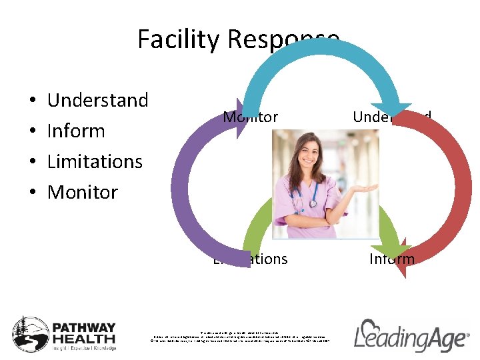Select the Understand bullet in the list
pos(97,100)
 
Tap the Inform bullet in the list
pos(76,131)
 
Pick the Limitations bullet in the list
pos(95,161)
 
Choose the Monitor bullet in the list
pos(83,192)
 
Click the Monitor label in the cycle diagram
pos(250,117)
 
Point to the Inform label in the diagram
pos(392,259)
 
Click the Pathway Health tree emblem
pos(30,333)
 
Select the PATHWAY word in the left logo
pos(84,328)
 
